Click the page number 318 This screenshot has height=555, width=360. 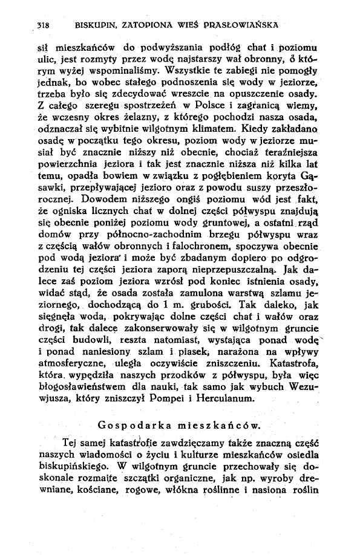pyautogui.click(x=42, y=26)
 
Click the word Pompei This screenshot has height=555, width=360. pyautogui.click(x=197, y=400)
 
